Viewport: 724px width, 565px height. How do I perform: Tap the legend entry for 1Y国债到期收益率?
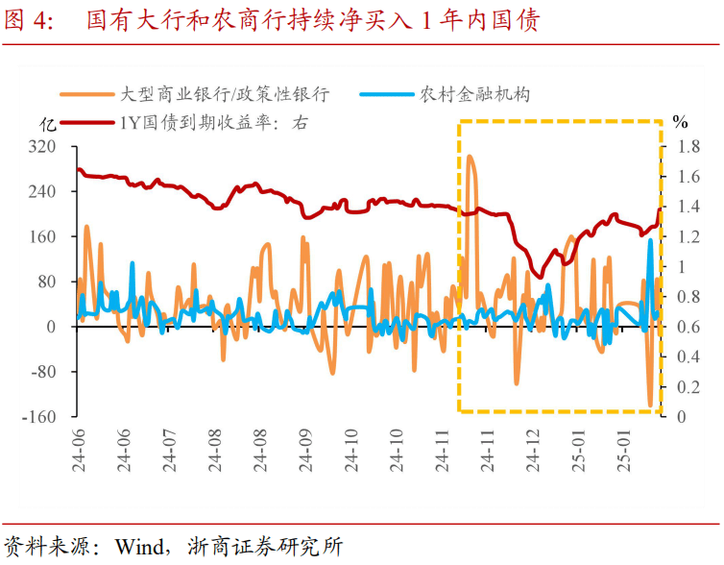coord(213,122)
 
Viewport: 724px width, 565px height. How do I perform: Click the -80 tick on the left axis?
coord(45,372)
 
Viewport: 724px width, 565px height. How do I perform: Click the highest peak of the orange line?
coord(470,156)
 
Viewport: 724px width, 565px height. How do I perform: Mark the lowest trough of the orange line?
coord(650,405)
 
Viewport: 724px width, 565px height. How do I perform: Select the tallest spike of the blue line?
coord(650,241)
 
